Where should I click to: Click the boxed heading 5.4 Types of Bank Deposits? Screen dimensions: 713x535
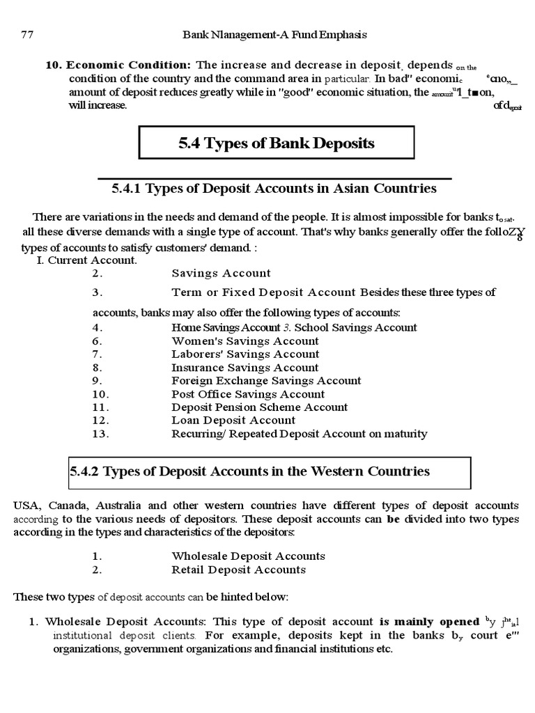[x=277, y=143]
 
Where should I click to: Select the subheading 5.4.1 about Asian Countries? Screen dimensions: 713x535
[x=274, y=189]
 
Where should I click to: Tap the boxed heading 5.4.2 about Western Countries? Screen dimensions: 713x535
[x=249, y=471]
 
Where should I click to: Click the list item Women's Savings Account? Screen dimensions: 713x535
[x=245, y=341]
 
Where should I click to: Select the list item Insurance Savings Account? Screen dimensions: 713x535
[x=245, y=368]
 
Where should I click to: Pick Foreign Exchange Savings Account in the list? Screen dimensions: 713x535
[x=266, y=381]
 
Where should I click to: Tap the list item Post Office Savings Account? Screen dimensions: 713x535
[x=248, y=394]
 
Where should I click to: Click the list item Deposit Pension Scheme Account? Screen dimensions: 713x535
[x=260, y=407]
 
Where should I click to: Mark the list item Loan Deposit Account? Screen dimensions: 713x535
[x=233, y=421]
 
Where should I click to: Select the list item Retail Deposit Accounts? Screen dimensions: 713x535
[x=238, y=570]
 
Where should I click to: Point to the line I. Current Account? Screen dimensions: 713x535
[x=86, y=260]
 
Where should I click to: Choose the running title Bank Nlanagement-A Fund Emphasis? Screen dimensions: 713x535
[x=274, y=33]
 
